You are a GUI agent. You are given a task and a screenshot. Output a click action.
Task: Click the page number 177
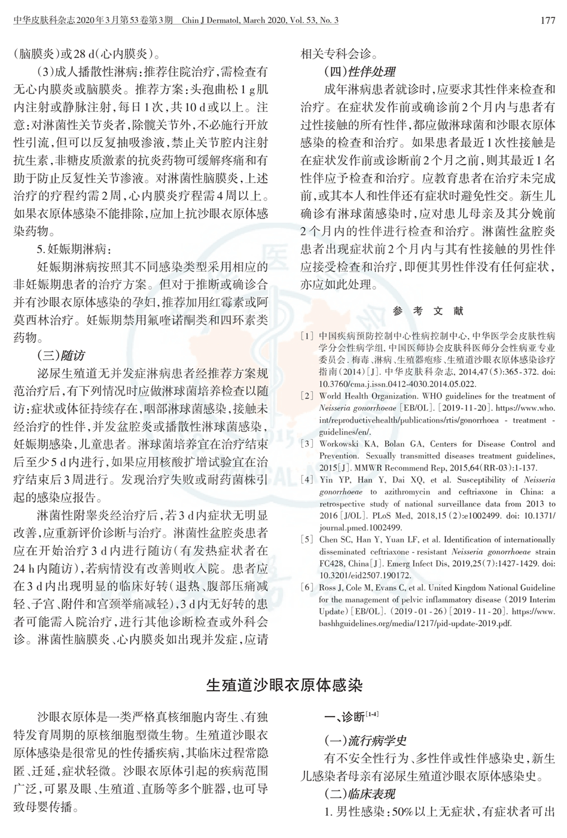click(548, 20)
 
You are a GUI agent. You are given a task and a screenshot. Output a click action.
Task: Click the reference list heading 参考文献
click(428, 311)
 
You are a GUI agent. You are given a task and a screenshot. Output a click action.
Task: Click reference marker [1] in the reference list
click(307, 336)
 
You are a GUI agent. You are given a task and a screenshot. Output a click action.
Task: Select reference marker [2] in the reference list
click(307, 396)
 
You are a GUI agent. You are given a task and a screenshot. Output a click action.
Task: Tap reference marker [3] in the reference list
click(307, 444)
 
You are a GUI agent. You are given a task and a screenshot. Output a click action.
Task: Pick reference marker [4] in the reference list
click(307, 480)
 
